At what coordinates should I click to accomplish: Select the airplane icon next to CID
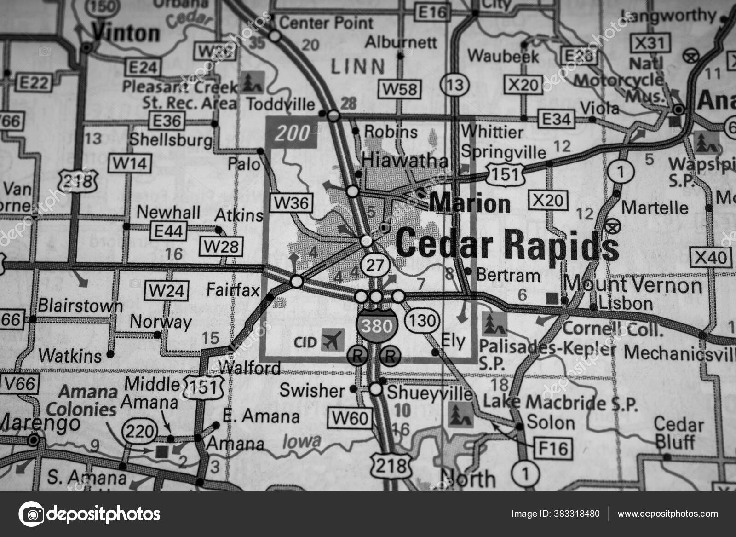click(333, 341)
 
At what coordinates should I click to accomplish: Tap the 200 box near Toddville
click(292, 133)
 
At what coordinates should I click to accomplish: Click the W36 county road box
click(292, 202)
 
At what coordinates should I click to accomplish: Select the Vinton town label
click(126, 34)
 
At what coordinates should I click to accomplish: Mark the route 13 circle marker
click(454, 84)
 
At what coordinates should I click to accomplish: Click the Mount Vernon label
click(633, 285)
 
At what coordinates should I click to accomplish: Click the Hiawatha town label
click(405, 161)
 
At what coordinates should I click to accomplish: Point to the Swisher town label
click(312, 391)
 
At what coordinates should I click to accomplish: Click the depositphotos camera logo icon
click(31, 514)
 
